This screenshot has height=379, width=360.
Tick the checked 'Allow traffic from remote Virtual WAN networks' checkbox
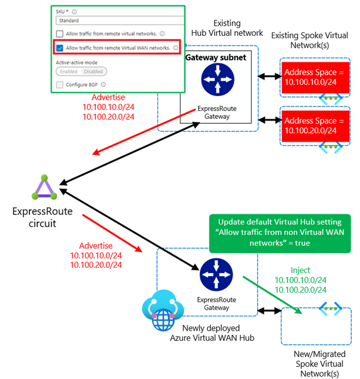[x=60, y=48]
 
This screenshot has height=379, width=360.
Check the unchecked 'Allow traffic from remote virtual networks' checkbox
[x=60, y=34]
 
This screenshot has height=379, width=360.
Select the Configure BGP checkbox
[x=60, y=85]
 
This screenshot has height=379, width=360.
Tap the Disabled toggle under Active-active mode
[x=93, y=71]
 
